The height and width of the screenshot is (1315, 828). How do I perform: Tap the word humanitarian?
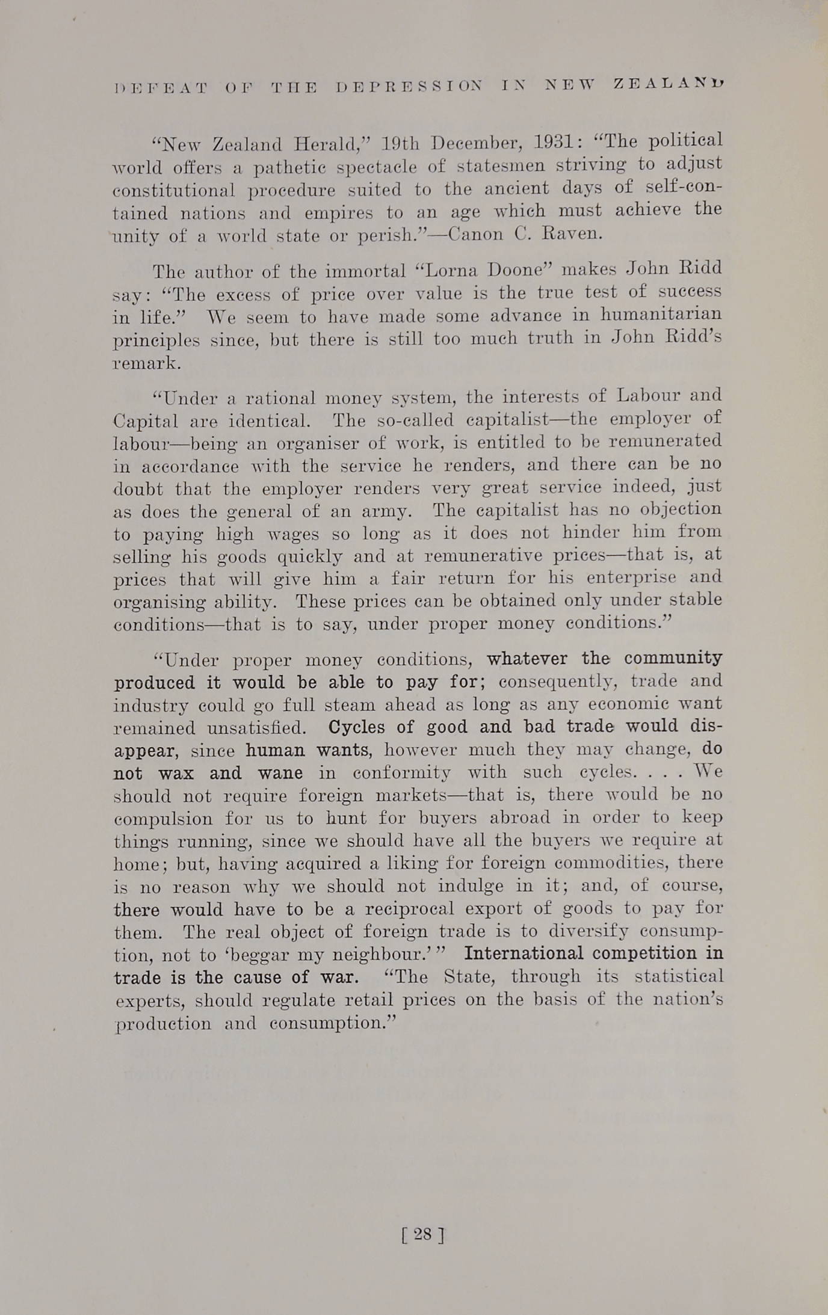[661, 315]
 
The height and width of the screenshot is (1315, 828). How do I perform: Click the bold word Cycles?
[357, 727]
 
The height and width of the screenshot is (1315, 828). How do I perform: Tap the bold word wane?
[280, 773]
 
